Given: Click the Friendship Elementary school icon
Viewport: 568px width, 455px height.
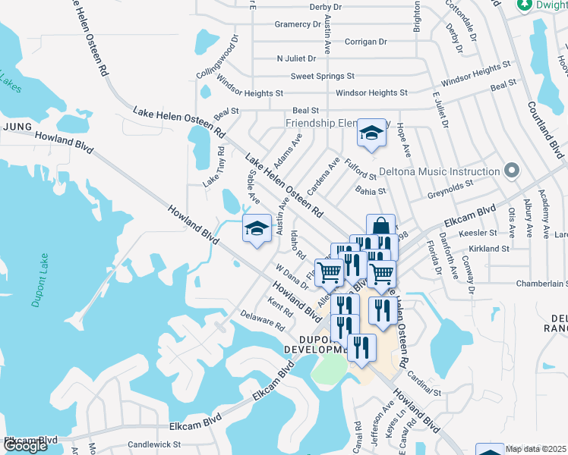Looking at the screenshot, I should point(371,133).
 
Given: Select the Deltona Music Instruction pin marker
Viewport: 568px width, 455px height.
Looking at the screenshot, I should point(512,171).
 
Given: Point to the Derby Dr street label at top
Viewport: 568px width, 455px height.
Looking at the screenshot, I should point(326,7).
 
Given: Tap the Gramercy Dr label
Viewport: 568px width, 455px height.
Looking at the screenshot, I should point(298,24).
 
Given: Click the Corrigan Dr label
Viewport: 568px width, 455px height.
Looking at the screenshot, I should point(366,42).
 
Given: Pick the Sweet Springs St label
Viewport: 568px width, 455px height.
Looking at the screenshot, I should point(323,76).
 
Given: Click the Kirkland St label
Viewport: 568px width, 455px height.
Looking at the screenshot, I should point(488,249).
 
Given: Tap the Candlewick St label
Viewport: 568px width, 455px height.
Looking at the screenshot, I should point(154,444).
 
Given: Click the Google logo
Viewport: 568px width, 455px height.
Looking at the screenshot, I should point(25,445).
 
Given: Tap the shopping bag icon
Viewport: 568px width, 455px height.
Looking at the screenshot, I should point(380,227).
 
